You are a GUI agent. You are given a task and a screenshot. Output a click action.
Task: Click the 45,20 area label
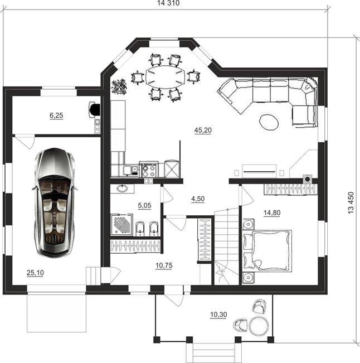pyautogui.click(x=203, y=130)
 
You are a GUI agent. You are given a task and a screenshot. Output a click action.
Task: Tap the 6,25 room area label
pyautogui.click(x=56, y=115)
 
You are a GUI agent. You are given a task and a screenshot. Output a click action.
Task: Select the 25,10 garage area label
pyautogui.click(x=35, y=273)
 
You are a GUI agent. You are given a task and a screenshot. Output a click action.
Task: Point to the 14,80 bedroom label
pyautogui.click(x=272, y=212)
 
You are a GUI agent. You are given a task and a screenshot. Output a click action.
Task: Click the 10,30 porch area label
pyautogui.click(x=218, y=314)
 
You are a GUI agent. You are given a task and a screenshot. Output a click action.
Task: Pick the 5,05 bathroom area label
pyautogui.click(x=144, y=205)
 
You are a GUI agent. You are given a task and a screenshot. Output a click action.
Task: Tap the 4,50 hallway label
pyautogui.click(x=198, y=199)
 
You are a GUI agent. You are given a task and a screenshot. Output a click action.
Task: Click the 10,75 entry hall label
pyautogui.click(x=164, y=265)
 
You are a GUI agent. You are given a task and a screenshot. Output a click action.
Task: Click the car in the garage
pyautogui.click(x=55, y=203)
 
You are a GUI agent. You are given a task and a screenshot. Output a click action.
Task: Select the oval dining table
pyautogui.click(x=166, y=77)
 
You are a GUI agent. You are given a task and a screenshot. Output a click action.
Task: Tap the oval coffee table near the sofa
pyautogui.click(x=269, y=122)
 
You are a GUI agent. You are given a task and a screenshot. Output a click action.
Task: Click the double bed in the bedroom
pyautogui.click(x=267, y=250)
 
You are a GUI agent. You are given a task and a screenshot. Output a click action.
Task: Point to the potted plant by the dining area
pyautogui.click(x=119, y=86)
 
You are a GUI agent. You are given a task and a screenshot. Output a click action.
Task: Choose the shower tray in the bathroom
pyautogui.click(x=122, y=225)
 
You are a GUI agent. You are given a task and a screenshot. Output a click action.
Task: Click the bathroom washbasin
pyautogui.click(x=122, y=188)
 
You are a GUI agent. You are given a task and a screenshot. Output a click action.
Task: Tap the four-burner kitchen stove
pyautogui.click(x=149, y=170)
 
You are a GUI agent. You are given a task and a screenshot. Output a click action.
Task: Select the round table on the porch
pyautogui.click(x=259, y=326)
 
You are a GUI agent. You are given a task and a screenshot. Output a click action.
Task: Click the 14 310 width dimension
pyautogui.click(x=168, y=3)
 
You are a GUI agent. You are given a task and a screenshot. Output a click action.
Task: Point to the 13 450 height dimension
pyautogui.click(x=351, y=202)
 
